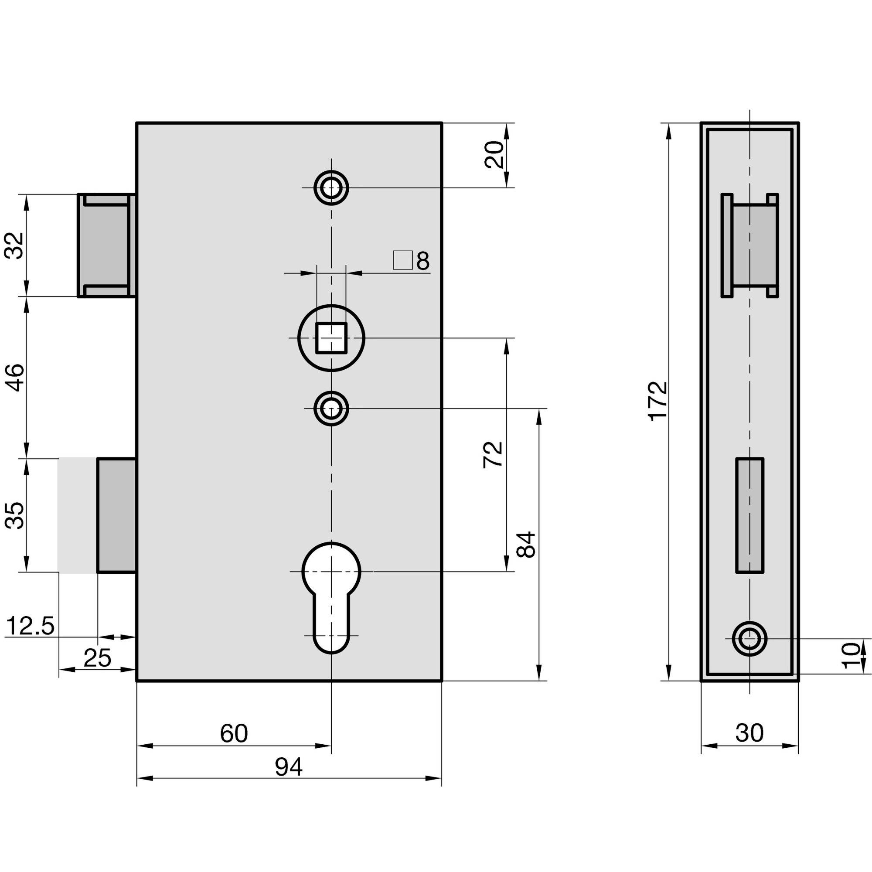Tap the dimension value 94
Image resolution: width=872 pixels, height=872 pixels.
tap(289, 767)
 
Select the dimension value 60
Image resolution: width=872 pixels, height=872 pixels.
tap(234, 733)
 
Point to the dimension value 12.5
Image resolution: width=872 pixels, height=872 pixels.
tap(31, 627)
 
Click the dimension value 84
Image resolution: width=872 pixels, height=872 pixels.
tap(526, 545)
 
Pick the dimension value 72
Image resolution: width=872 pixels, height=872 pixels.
tap(493, 455)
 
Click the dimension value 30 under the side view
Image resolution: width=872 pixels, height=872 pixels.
tap(749, 733)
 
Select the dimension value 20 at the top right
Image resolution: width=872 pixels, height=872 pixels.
tap(494, 155)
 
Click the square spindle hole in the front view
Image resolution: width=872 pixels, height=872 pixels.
tap(331, 337)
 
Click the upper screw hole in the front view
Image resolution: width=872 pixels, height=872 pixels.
tap(331, 187)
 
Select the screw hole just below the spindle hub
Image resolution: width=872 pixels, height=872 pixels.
tap(331, 409)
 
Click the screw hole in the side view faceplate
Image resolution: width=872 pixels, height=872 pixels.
tap(749, 639)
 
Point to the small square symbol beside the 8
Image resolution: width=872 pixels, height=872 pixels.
tap(402, 260)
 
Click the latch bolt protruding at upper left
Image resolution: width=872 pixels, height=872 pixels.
tap(105, 245)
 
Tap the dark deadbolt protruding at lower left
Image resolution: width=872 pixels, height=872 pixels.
tap(116, 515)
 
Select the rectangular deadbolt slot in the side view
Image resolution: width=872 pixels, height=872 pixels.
tap(749, 515)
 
